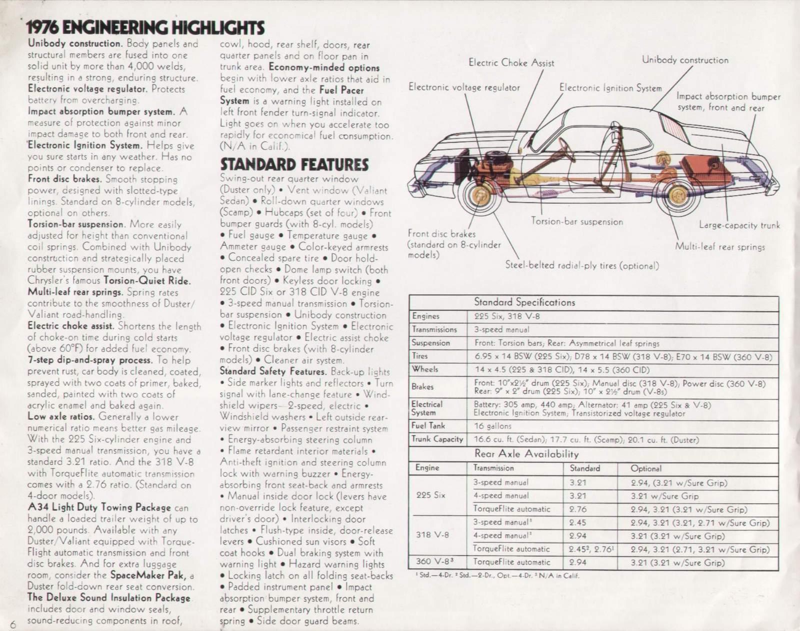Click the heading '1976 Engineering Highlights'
tap(145, 27)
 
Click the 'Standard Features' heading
tap(294, 164)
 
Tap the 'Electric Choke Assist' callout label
tap(511, 63)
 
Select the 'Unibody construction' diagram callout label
tap(685, 60)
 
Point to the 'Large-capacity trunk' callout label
tap(739, 225)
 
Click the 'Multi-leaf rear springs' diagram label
tap(719, 247)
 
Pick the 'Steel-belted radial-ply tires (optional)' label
tap(581, 266)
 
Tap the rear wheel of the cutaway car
tap(677, 196)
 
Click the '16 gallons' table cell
tap(492, 426)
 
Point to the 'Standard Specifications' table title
tap(524, 302)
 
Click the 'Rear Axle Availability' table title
tap(526, 454)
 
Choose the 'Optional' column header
tap(646, 469)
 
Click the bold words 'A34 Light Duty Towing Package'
tap(99, 508)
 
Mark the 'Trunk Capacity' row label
tap(437, 439)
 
